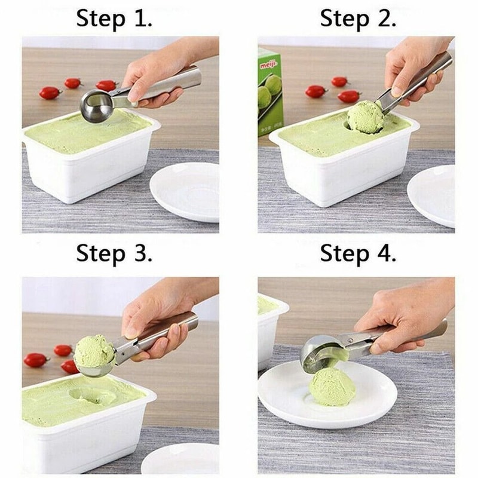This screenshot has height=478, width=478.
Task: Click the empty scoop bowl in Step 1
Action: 97,106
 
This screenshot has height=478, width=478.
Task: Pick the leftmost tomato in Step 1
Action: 50,93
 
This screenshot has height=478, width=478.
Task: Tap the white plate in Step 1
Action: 185,191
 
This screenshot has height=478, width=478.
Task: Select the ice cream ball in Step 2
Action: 365,117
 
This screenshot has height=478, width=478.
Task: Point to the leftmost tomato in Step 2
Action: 315,91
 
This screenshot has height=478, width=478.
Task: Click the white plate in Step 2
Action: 433,194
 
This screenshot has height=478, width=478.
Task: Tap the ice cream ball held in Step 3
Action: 94,351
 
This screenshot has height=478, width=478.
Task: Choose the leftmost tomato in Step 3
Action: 35,360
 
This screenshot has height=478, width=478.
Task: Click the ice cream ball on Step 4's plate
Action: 332,386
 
